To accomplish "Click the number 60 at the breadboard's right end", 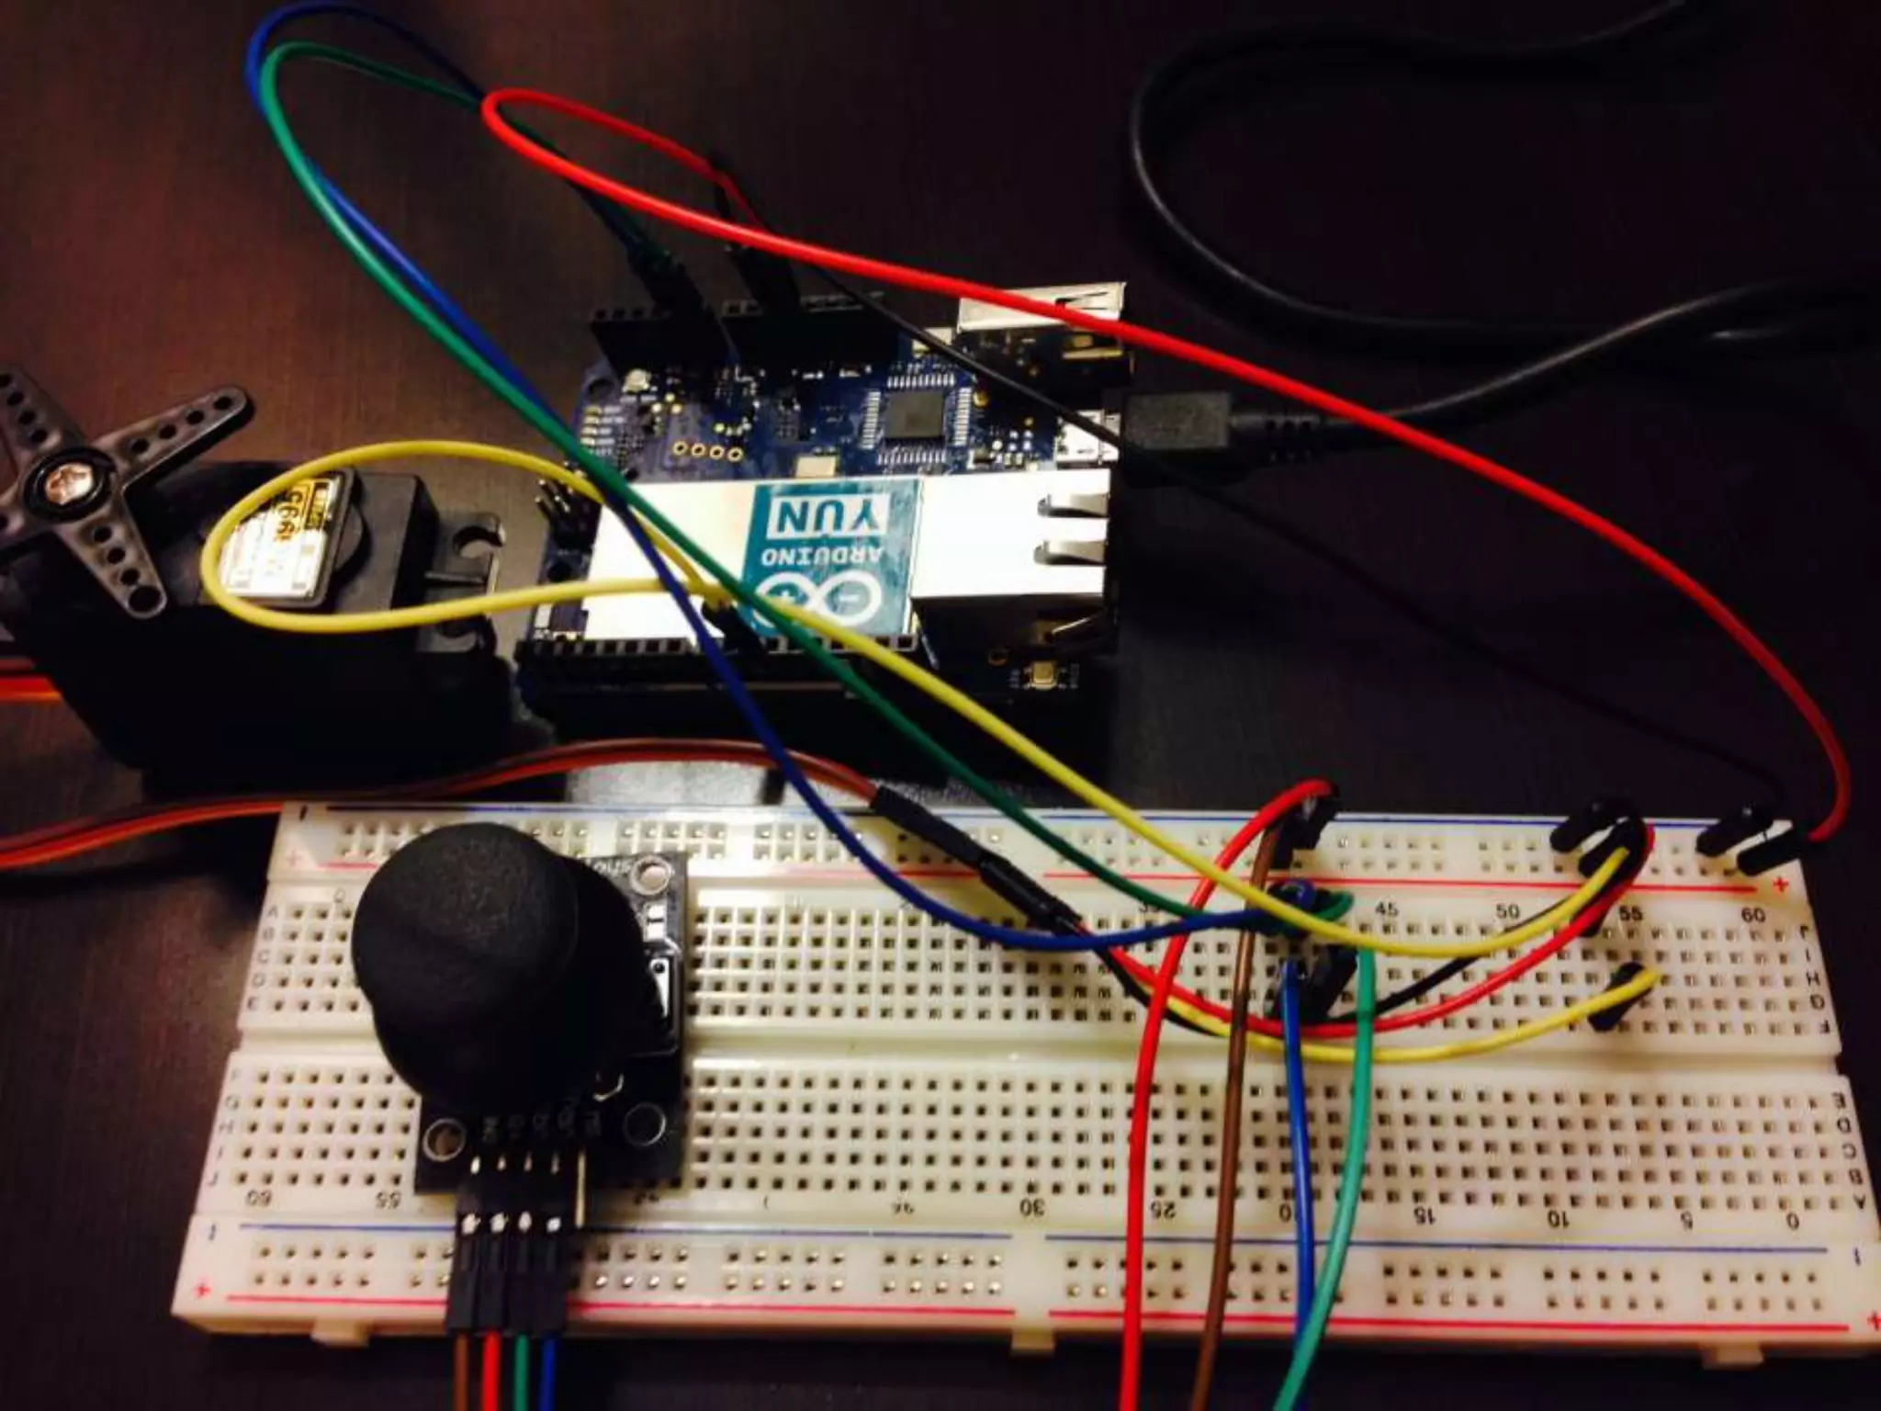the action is pos(1751,915).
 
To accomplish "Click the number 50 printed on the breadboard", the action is pos(1506,911).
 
